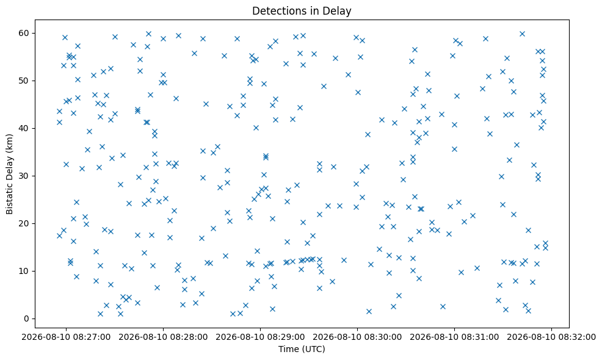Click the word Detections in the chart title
pos(275,11)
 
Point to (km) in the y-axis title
pos(9,143)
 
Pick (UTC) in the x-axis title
pos(313,349)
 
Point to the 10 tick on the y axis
pos(24,272)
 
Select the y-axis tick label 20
pos(24,224)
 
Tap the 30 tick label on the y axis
pos(24,176)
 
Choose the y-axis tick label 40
pos(24,129)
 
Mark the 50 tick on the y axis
pos(24,81)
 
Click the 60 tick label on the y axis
pos(24,34)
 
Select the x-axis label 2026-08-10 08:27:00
pos(66,337)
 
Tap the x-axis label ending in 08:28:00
pos(163,337)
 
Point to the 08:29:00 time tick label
pos(260,337)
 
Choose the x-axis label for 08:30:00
pos(357,337)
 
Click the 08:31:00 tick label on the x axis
pos(455,337)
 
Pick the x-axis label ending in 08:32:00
pos(552,337)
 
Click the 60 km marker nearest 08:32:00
pos(522,34)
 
